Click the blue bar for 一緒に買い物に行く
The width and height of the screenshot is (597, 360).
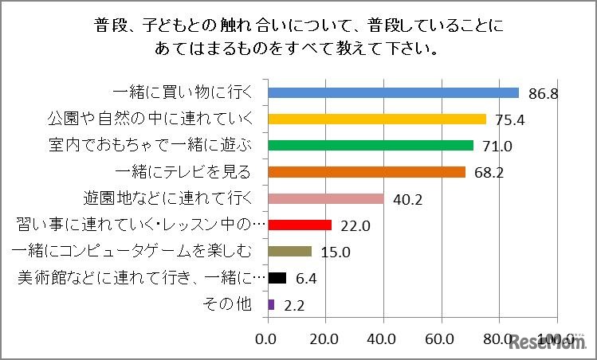click(394, 92)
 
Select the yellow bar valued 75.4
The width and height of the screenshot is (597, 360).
click(377, 119)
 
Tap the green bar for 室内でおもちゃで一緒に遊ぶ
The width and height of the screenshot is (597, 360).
click(371, 145)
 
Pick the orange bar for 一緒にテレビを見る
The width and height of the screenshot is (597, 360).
click(367, 171)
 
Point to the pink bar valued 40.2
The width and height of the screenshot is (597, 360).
click(326, 198)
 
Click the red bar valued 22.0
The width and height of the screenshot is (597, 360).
click(300, 225)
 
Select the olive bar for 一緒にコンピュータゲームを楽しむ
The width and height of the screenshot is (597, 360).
click(289, 252)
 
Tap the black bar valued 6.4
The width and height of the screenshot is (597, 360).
click(277, 278)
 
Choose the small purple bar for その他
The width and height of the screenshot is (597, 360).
click(272, 304)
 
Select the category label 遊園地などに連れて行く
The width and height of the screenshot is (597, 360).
click(168, 198)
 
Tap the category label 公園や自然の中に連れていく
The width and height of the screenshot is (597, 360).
click(147, 119)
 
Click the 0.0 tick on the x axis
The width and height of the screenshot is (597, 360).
click(265, 338)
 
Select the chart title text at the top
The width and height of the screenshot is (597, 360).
click(298, 37)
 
